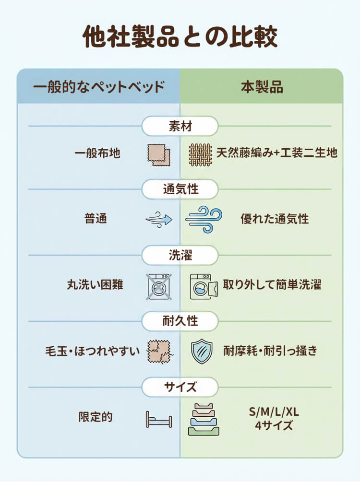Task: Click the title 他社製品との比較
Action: [180, 37]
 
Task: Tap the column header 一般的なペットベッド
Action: [99, 87]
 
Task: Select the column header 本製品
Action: [262, 87]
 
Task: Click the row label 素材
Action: [180, 127]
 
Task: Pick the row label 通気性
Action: [180, 189]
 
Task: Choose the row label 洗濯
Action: [180, 255]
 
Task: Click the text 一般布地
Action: [97, 153]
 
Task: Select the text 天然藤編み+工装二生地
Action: [277, 153]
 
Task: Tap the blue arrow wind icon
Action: [159, 220]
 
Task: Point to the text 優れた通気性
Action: [275, 219]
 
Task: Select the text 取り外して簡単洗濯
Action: [272, 284]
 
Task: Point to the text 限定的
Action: [96, 417]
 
